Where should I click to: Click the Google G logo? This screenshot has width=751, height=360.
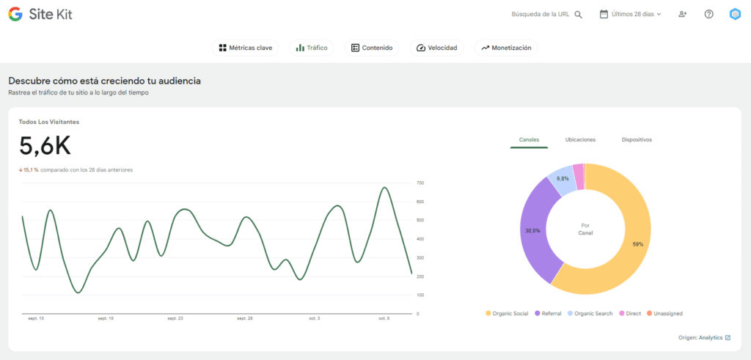click(x=15, y=14)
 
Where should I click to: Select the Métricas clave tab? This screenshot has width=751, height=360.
click(x=246, y=48)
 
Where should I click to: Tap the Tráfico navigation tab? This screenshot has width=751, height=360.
click(x=312, y=48)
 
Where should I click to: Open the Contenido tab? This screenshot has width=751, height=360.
click(x=372, y=48)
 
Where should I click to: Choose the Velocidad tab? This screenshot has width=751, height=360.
click(x=436, y=48)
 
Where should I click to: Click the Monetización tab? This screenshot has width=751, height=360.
click(x=507, y=48)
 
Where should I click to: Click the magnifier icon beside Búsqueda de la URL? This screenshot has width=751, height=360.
click(x=579, y=15)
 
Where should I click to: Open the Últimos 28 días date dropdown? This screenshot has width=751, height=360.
click(x=631, y=14)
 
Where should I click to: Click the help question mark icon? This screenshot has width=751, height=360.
click(x=708, y=14)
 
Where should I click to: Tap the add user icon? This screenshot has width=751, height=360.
click(x=683, y=14)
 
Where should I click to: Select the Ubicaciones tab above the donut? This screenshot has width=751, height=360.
click(x=580, y=139)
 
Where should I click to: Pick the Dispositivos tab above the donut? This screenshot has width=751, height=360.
click(x=637, y=139)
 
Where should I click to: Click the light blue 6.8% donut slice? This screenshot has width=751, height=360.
click(x=562, y=180)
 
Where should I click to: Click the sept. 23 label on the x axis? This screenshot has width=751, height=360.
click(x=175, y=319)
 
